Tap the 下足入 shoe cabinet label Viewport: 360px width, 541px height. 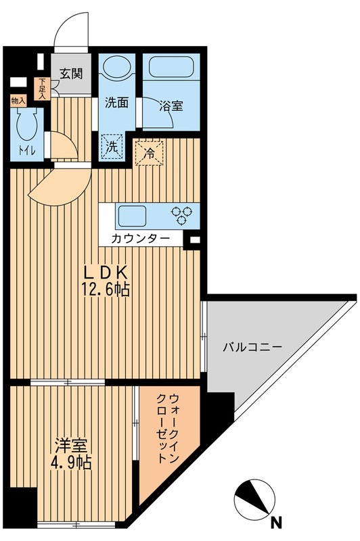43,89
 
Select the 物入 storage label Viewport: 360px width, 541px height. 18,101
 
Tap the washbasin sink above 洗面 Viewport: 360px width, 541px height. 118,68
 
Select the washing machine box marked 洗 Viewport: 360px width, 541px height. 112,145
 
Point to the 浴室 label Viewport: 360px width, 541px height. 170,106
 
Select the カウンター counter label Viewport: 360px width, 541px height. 141,239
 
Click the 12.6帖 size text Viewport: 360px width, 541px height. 106,291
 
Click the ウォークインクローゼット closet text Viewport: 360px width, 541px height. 165,428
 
